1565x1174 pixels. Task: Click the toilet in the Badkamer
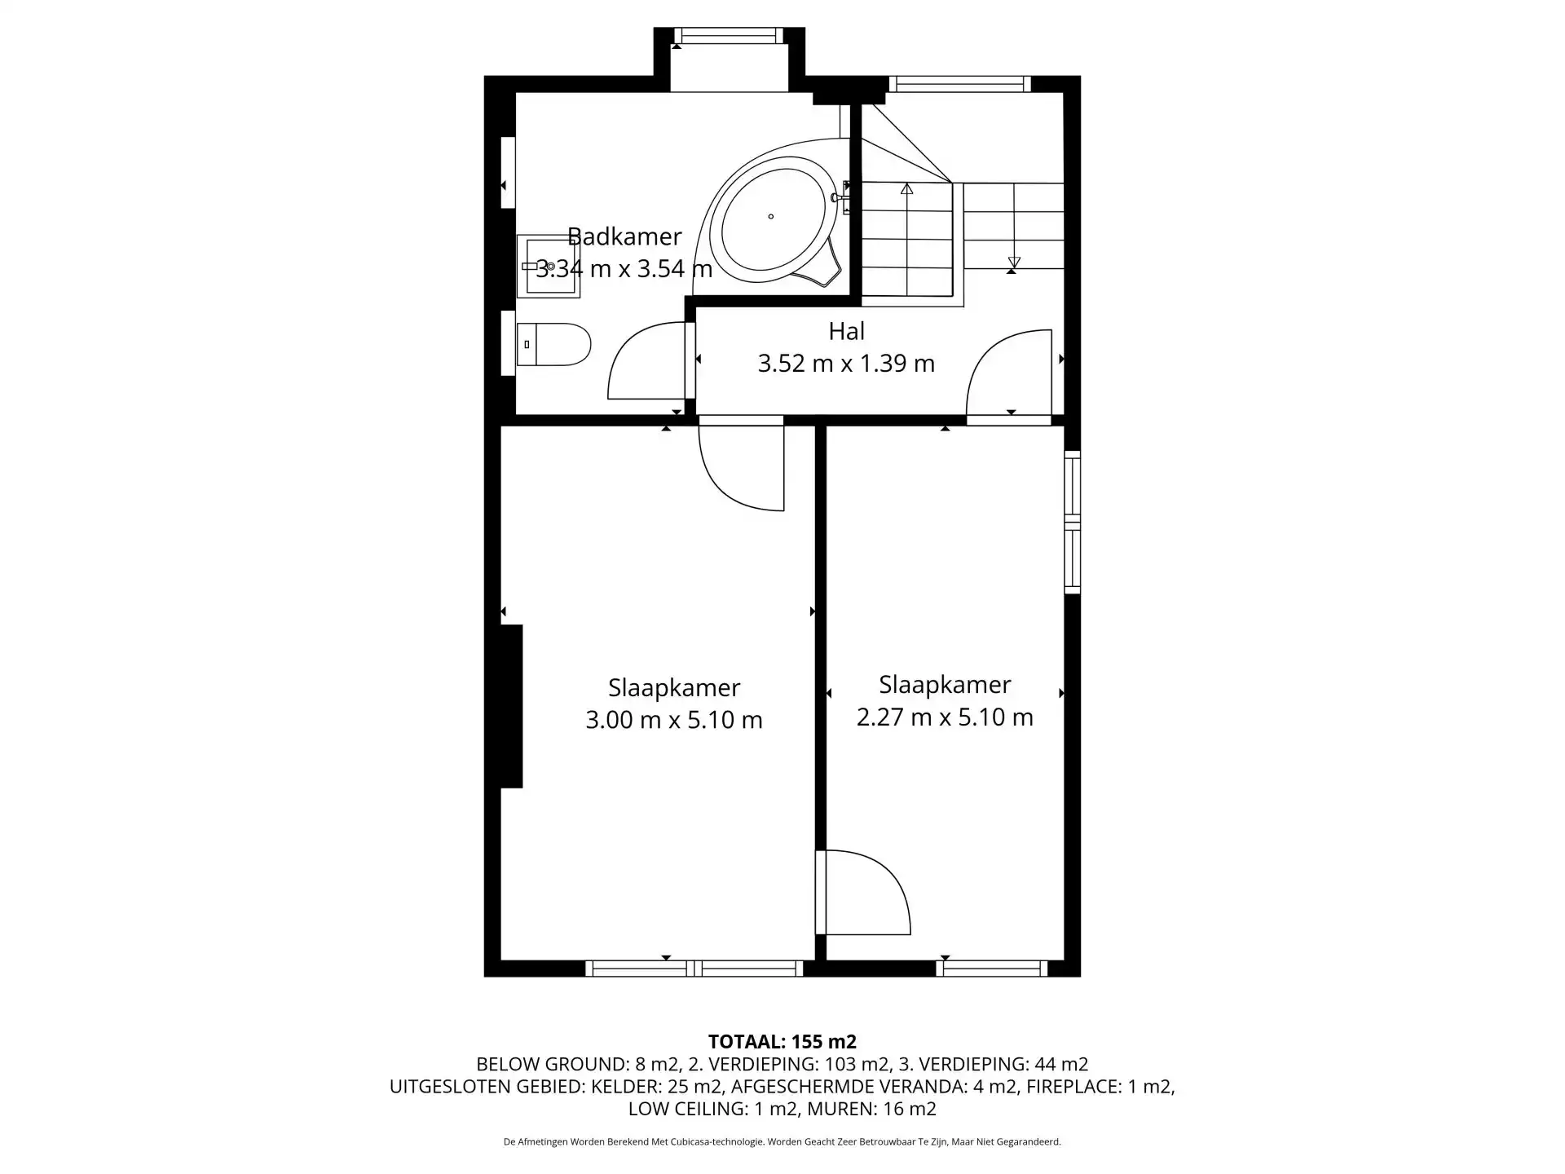(553, 345)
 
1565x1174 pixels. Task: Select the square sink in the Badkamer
(549, 267)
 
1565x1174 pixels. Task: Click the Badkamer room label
(624, 236)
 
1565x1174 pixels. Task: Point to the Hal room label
(846, 331)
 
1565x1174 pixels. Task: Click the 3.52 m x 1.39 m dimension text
(846, 363)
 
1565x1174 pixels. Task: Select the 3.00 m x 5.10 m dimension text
(674, 720)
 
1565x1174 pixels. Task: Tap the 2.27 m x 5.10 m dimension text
(945, 717)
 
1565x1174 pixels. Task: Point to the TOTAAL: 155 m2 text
(782, 1041)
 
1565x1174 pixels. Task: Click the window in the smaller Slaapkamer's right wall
(1073, 522)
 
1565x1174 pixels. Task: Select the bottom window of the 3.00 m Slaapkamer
(694, 969)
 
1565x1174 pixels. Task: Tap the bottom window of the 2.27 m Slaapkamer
(992, 969)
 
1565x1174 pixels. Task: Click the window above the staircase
(959, 84)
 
